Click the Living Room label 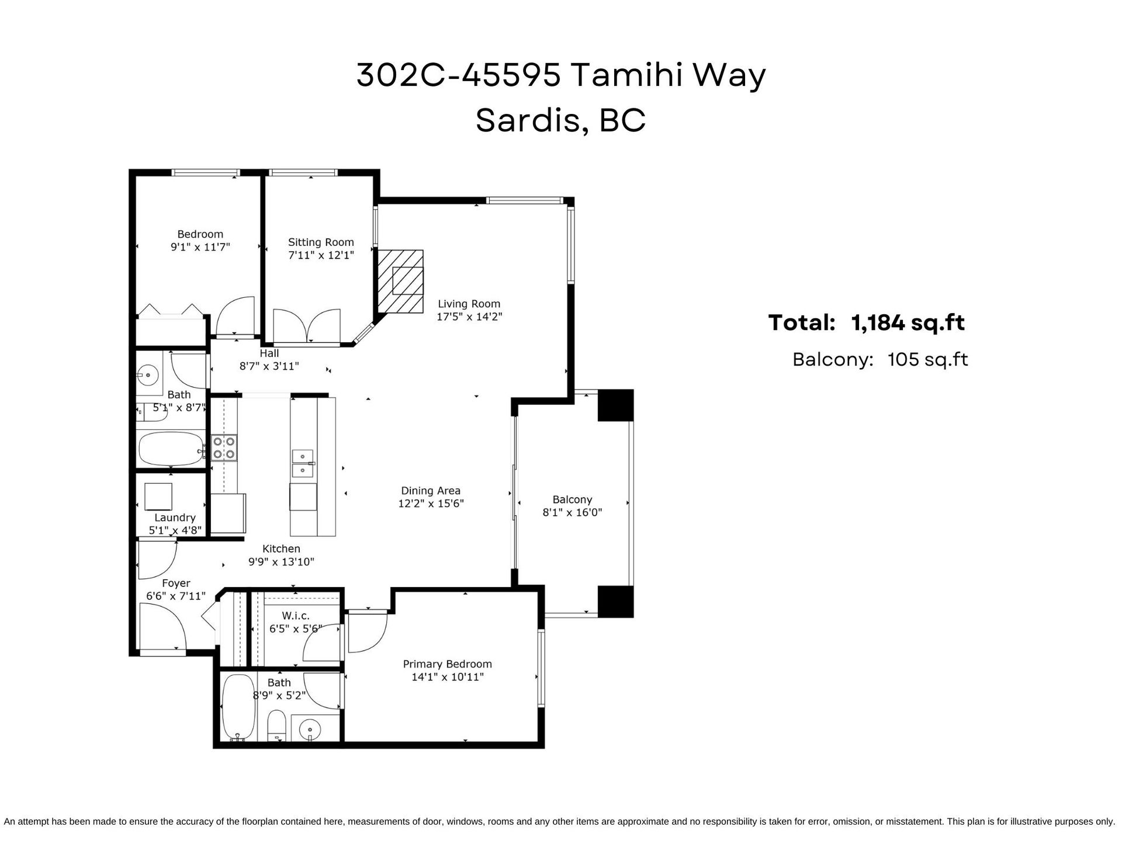[x=469, y=304]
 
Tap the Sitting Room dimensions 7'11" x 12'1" [x=321, y=255]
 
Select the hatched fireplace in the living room [x=400, y=282]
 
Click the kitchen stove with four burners [x=224, y=447]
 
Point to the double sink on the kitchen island [x=303, y=463]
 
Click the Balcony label [x=572, y=499]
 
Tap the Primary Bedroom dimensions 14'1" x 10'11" [x=447, y=677]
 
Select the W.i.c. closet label [x=296, y=616]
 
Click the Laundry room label [x=175, y=517]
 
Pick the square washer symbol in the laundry [x=158, y=496]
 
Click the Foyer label [x=176, y=583]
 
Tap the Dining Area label [x=431, y=491]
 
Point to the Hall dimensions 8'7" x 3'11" [x=269, y=367]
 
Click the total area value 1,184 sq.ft [x=908, y=322]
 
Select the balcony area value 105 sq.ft [x=927, y=359]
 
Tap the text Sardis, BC [x=561, y=120]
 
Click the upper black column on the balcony [x=615, y=405]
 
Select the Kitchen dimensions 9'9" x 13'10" [x=281, y=562]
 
